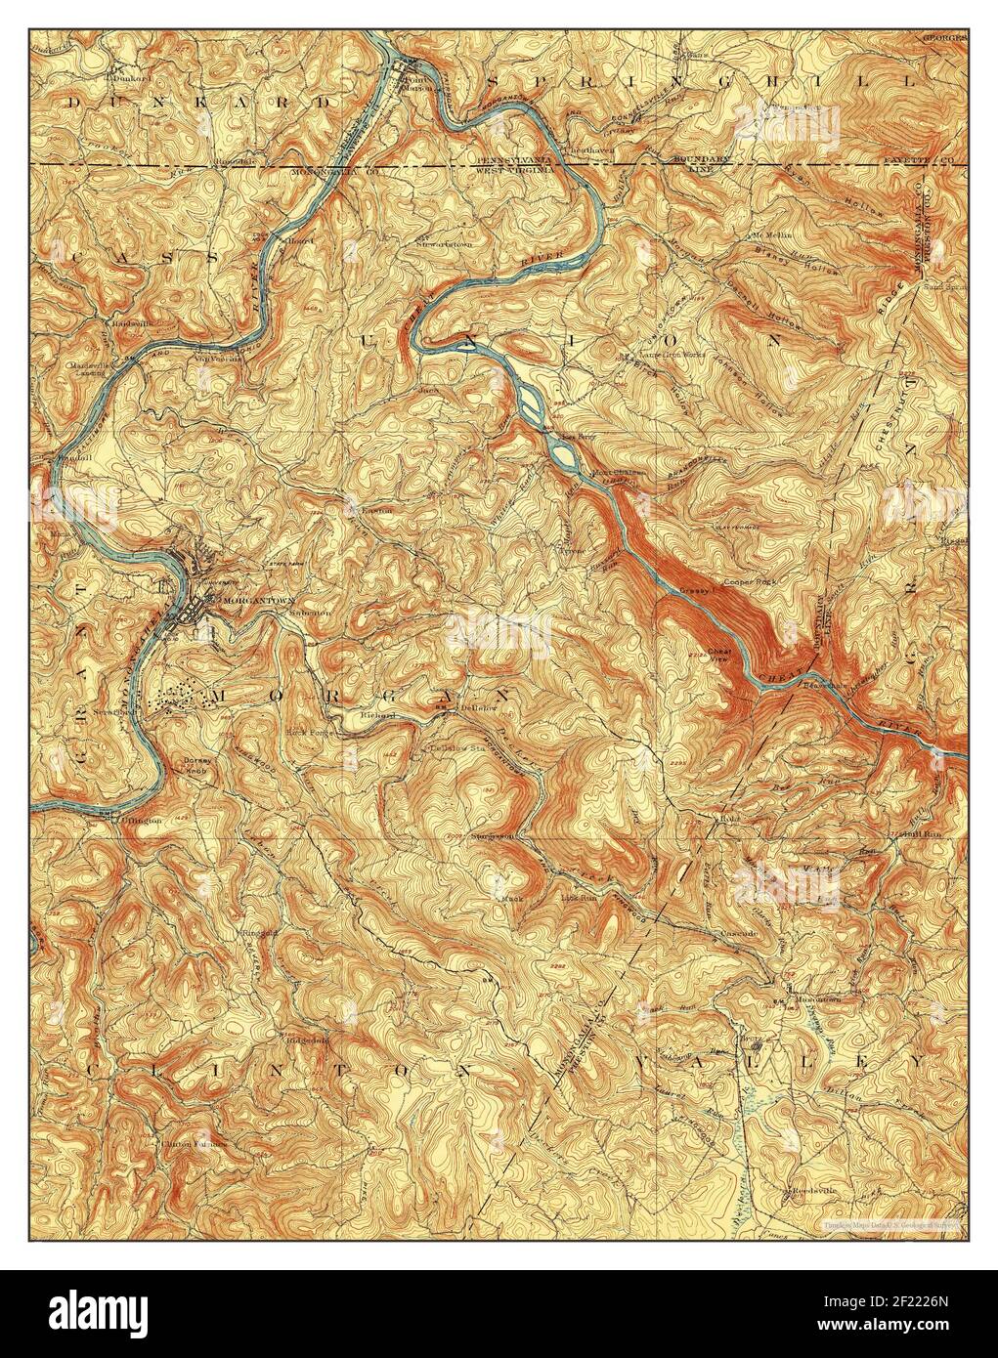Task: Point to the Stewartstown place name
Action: point(443,242)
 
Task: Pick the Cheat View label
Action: point(718,656)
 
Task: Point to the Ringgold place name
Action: point(259,931)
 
